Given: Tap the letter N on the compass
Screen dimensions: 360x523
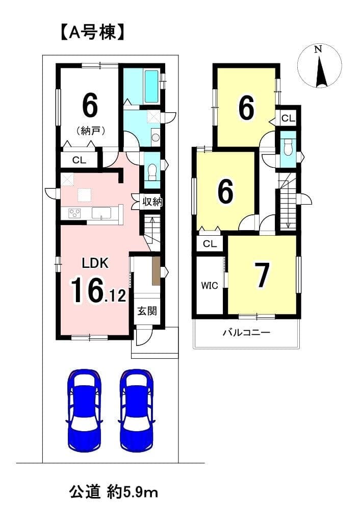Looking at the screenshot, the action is (318, 49).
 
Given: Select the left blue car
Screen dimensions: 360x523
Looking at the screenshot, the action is (85, 409).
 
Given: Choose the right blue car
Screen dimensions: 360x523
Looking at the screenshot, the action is (137, 409).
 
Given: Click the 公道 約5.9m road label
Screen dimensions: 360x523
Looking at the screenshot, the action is (113, 492).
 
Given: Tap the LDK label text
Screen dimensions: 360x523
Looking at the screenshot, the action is (95, 263).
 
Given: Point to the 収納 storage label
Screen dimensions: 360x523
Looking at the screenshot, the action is (152, 202).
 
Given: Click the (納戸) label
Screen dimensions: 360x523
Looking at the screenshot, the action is (90, 131).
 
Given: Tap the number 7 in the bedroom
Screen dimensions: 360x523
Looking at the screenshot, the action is (262, 275).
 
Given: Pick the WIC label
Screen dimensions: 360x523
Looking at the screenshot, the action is (210, 286).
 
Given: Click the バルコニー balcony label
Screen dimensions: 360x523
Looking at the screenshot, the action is (246, 333).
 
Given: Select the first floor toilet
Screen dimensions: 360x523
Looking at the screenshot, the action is (152, 171).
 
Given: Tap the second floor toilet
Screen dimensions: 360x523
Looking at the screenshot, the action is (287, 145).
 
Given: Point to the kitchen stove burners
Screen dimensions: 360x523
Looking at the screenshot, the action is (75, 213).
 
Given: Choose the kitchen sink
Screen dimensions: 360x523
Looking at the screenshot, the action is (102, 213).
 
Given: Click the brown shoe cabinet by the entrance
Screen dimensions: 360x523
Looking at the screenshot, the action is (156, 270).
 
